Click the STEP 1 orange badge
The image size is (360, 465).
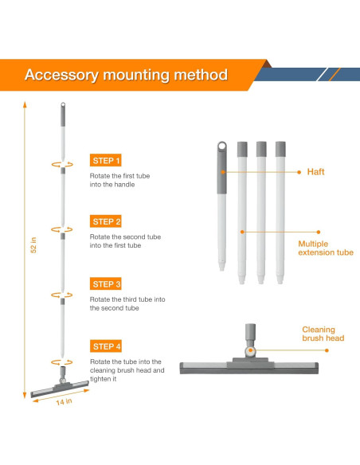(107, 160)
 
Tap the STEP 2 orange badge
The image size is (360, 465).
(107, 221)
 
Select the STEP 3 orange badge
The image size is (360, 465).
(107, 283)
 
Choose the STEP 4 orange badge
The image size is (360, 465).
(107, 346)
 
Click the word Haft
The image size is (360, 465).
(316, 171)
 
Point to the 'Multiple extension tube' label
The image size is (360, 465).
(326, 248)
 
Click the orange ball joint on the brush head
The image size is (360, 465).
(250, 350)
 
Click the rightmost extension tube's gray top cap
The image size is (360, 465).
(280, 148)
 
